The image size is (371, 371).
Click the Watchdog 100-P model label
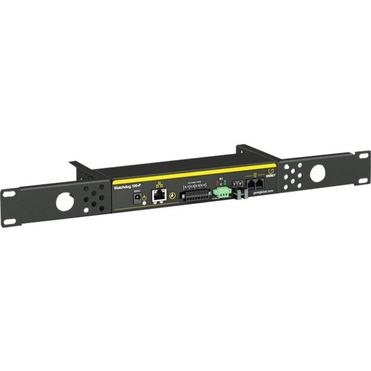pos(128,187)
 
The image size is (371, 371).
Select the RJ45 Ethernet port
pos(159,196)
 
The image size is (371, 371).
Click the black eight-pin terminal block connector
pos(195,196)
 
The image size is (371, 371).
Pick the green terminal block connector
pos(221,193)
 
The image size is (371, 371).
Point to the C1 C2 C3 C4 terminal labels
pos(195,186)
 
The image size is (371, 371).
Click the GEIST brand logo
pos(269,172)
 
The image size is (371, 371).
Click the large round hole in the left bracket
pos(65,201)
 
